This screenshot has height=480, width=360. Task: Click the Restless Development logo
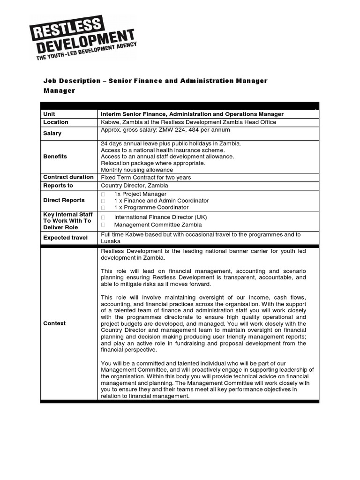pyautogui.click(x=82, y=37)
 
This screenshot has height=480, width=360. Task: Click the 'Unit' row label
pyautogui.click(x=49, y=114)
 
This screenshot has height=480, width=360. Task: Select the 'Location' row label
pyautogui.click(x=56, y=122)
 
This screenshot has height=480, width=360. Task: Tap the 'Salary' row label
pyautogui.click(x=52, y=133)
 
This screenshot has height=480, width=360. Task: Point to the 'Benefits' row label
pyautogui.click(x=55, y=157)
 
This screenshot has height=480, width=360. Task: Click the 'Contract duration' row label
pyautogui.click(x=68, y=177)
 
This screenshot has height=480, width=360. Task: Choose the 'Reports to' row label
pyautogui.click(x=58, y=186)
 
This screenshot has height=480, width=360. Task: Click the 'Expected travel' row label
pyautogui.click(x=66, y=238)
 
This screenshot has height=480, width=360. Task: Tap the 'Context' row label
pyautogui.click(x=54, y=323)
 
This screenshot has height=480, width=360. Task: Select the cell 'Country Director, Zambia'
pyautogui.click(x=135, y=186)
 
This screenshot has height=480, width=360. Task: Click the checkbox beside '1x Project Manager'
pyautogui.click(x=103, y=194)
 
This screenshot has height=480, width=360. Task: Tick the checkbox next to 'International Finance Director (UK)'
pyautogui.click(x=103, y=217)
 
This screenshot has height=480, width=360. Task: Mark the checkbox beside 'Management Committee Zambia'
pyautogui.click(x=103, y=225)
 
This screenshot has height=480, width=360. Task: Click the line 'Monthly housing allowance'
pyautogui.click(x=137, y=170)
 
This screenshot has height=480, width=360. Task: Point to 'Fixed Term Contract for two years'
pyautogui.click(x=146, y=178)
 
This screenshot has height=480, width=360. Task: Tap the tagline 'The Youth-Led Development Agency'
pyautogui.click(x=87, y=51)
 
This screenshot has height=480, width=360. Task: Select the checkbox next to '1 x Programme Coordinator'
pyautogui.click(x=103, y=207)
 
